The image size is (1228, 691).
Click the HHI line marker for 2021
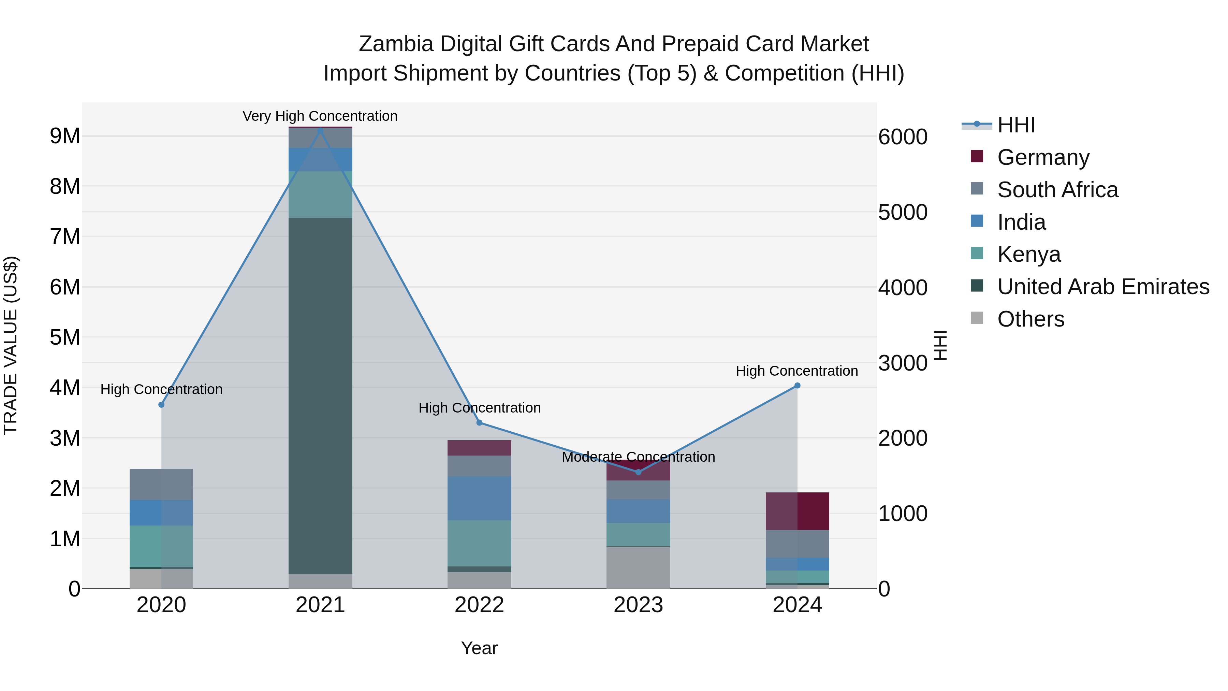[320, 131]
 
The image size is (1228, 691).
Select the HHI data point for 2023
[638, 472]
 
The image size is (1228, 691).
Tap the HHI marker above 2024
[797, 386]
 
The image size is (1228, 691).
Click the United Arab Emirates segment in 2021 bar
[320, 396]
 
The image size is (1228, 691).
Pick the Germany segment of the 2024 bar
[797, 511]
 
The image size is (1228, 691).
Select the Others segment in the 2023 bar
[638, 567]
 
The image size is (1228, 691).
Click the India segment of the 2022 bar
[479, 498]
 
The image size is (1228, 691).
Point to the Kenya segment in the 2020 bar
[161, 546]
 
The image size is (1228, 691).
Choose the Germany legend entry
[1043, 157]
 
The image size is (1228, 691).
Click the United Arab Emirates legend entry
[1103, 287]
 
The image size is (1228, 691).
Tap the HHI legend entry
[1015, 125]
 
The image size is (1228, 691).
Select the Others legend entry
[1030, 319]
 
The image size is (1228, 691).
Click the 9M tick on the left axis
[65, 136]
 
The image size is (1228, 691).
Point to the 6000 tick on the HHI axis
[903, 137]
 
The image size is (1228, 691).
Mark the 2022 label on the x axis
[479, 605]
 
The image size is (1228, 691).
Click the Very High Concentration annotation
[320, 116]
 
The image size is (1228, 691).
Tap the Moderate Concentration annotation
[638, 457]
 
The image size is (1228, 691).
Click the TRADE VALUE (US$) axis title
[11, 345]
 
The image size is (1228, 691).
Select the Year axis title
[479, 648]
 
